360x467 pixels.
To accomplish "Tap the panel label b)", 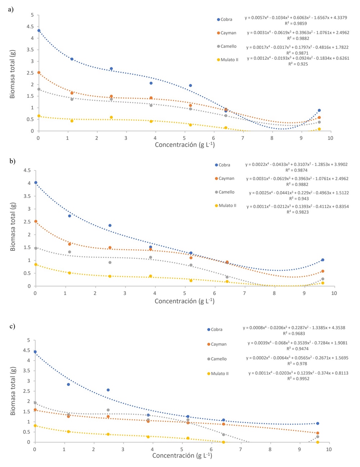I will (13, 161).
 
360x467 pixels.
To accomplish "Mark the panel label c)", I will (12, 326).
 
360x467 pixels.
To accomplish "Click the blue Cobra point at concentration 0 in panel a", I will (39, 31).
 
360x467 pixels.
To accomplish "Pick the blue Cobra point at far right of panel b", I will (323, 260).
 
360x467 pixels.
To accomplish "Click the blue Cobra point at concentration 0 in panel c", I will (35, 352).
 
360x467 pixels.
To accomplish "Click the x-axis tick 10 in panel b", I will (334, 293).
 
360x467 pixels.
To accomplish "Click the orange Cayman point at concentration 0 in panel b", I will (36, 221).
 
